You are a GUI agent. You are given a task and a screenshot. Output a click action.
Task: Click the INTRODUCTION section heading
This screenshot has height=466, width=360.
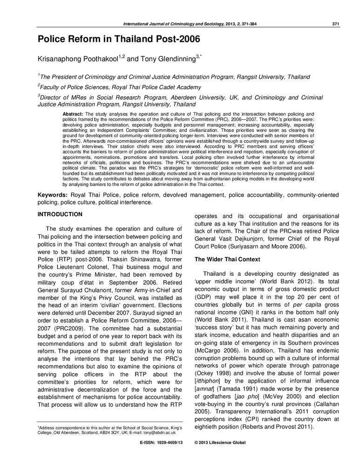pyautogui.click(x=60, y=214)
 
